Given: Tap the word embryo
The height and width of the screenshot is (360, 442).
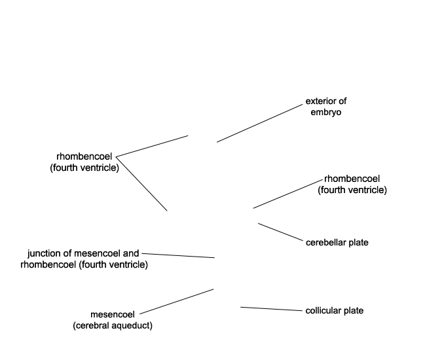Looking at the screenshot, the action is (x=326, y=112).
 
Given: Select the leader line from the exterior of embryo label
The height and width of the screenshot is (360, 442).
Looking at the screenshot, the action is (x=259, y=123).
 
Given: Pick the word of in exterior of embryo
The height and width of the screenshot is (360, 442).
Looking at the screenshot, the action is (x=342, y=101).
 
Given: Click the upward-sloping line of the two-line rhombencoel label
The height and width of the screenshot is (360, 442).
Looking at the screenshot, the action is (x=152, y=146).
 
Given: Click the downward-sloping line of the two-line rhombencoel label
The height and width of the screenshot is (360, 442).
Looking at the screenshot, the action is (x=141, y=184).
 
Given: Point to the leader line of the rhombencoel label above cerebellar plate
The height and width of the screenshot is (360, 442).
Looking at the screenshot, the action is (x=288, y=194).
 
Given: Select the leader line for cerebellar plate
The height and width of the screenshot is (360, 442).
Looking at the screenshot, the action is (x=280, y=232).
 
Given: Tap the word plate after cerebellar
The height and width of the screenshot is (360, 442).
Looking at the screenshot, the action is (x=357, y=243).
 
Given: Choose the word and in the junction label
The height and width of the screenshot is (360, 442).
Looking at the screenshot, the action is (x=131, y=253).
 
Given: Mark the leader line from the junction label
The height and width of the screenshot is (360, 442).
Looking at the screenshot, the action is (x=178, y=255).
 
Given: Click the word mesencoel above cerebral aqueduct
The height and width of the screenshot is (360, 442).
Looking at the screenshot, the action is (x=113, y=314).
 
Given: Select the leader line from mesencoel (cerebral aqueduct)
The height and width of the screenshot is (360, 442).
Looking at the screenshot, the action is (x=176, y=301).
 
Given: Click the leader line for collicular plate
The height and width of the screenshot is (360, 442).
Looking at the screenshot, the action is (x=271, y=309).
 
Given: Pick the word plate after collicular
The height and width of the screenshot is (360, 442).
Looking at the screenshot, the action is (x=354, y=311).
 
